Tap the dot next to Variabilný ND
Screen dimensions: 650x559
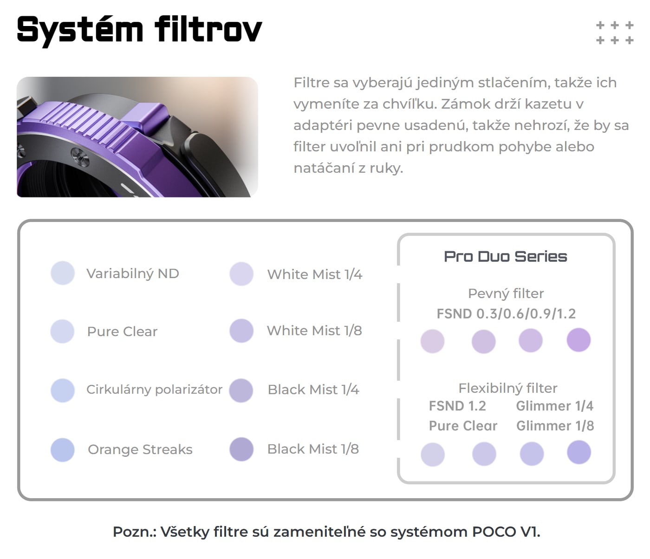[x=63, y=273]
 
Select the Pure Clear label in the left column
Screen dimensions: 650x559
[x=122, y=331]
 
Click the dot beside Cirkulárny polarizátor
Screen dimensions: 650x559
[x=63, y=390]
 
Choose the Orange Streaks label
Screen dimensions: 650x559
[x=140, y=449]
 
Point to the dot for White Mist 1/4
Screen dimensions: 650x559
[x=241, y=274]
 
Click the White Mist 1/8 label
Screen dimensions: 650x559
[x=314, y=331]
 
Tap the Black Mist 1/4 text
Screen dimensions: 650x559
[x=313, y=390]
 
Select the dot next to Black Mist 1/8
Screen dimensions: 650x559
[x=241, y=449]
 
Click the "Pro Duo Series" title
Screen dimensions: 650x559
[x=506, y=257]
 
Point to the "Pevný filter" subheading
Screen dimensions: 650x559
[x=506, y=293]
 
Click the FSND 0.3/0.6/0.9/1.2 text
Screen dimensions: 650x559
[x=506, y=314]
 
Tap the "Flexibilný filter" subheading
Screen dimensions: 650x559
[x=508, y=388]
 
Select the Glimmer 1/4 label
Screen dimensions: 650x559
[x=555, y=406]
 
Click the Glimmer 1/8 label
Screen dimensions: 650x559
[x=555, y=426]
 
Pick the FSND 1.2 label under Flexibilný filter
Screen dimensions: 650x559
[x=457, y=406]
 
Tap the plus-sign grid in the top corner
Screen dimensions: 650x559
[x=615, y=32]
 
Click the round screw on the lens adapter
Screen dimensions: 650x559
[x=80, y=156]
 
